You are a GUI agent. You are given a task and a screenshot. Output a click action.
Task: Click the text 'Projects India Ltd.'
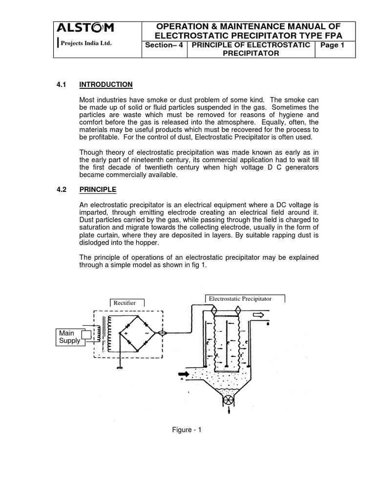pos(85,43)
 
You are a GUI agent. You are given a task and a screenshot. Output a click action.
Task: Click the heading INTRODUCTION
pos(105,84)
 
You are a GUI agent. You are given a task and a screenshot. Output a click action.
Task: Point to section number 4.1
pos(62,84)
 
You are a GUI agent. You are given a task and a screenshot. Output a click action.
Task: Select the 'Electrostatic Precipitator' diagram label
pos(240,298)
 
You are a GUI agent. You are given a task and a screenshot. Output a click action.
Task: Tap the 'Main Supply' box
pos(69,336)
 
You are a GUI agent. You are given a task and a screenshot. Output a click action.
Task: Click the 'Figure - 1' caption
pos(187,430)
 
